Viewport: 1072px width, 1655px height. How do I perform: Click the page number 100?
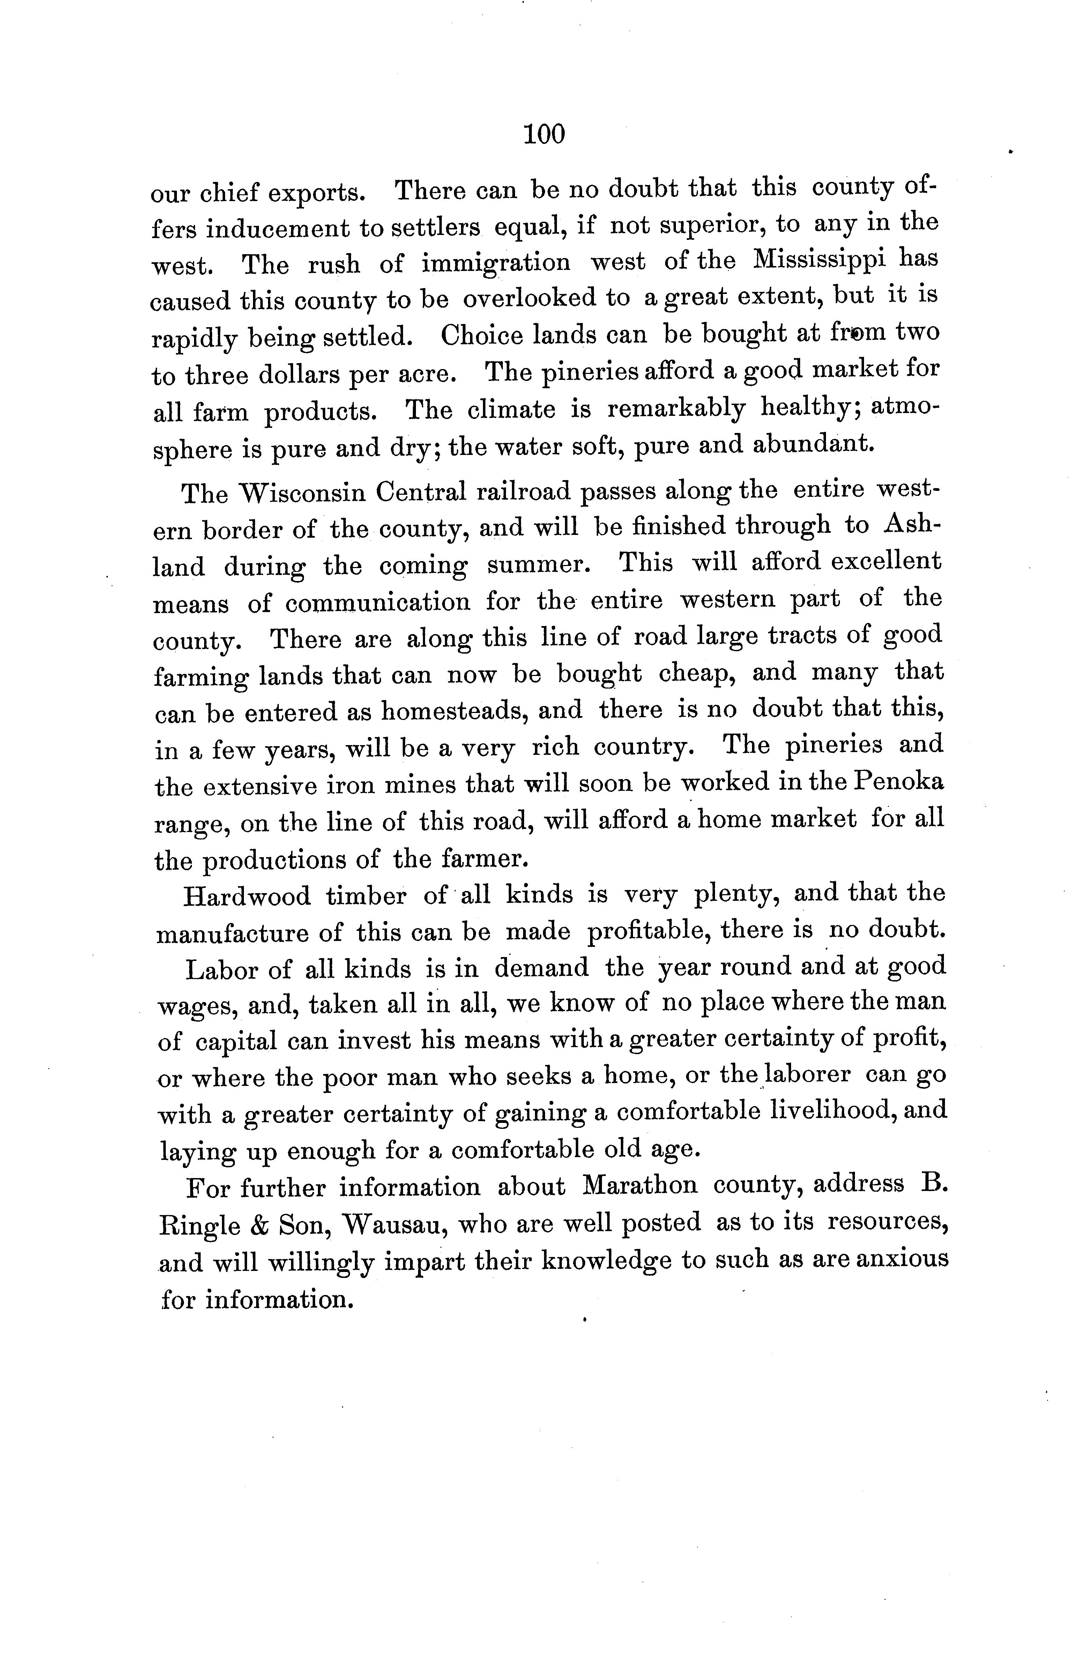click(x=544, y=133)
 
